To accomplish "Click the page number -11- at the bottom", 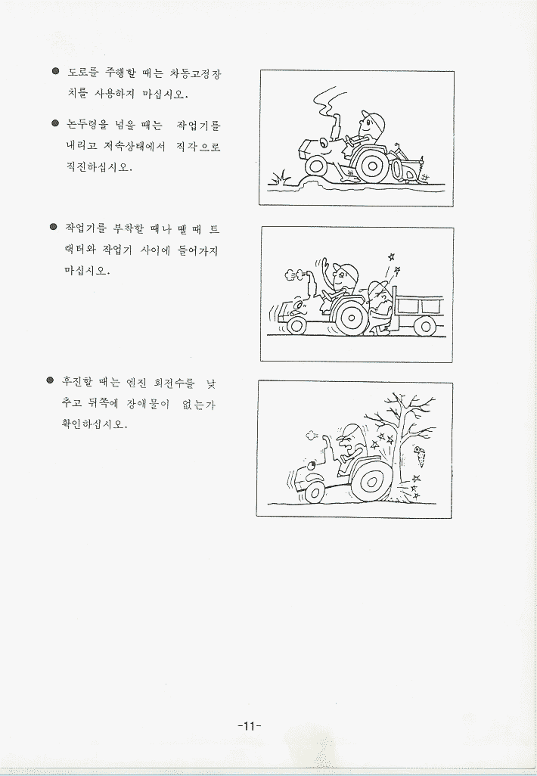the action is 249,726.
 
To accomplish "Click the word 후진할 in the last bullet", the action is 76,382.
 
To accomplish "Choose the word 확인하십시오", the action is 94,424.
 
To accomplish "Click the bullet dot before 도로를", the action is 56,71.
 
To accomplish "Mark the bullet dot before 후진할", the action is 50,380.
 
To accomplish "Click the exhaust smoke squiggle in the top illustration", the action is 325,101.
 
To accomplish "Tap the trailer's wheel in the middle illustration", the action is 424,326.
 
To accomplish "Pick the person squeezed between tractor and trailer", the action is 379,308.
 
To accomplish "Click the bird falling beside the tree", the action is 421,456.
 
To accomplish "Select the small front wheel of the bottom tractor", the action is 315,493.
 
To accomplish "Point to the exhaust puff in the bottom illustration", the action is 312,436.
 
